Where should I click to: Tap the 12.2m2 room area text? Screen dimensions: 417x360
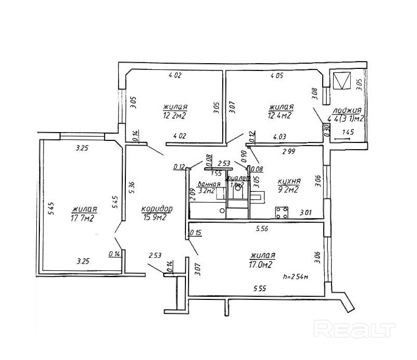click(174, 116)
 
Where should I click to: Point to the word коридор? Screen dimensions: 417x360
click(157, 208)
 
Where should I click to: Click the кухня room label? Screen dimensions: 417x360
click(289, 181)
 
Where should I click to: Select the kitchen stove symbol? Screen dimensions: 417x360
click(282, 212)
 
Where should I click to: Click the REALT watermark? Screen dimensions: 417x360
click(355, 328)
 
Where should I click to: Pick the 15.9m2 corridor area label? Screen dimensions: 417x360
click(155, 218)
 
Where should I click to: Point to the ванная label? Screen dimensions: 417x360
click(210, 184)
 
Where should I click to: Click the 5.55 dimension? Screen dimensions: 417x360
click(260, 288)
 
